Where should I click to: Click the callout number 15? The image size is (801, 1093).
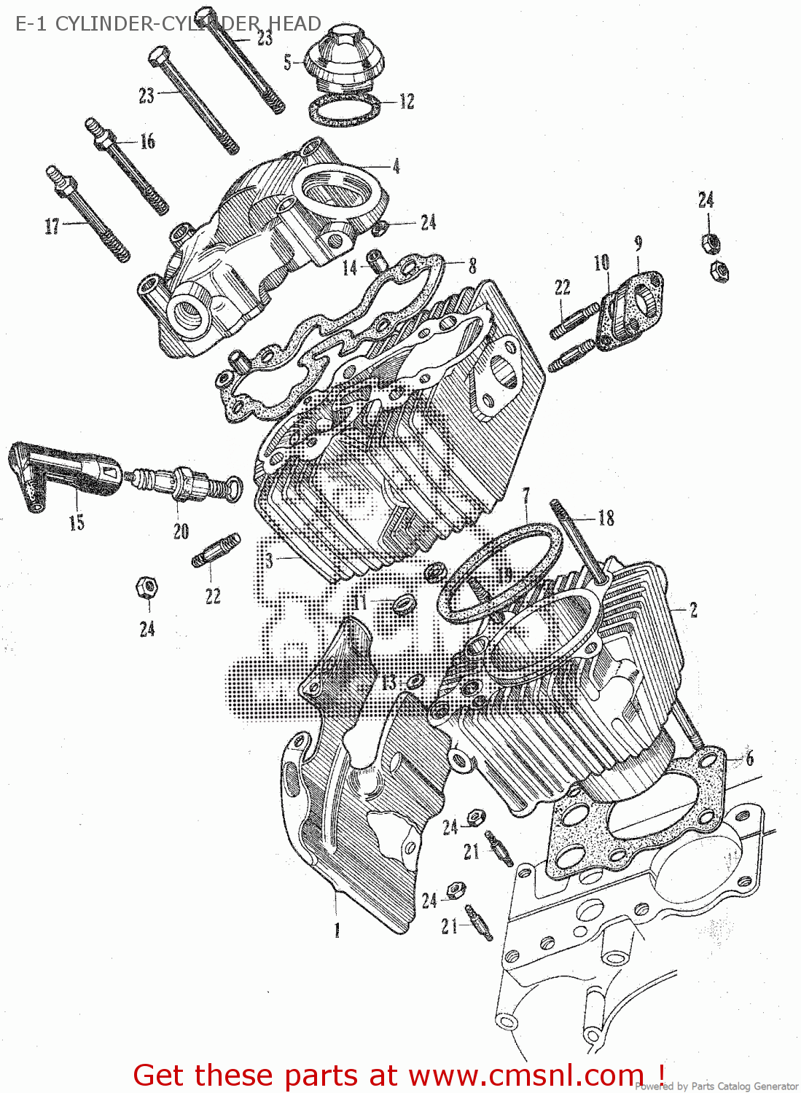pyautogui.click(x=77, y=522)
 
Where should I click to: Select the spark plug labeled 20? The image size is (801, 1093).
pyautogui.click(x=186, y=484)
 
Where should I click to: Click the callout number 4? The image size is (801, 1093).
pyautogui.click(x=396, y=166)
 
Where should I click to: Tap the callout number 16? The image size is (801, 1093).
pyautogui.click(x=147, y=141)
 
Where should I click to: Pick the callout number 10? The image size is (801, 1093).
pyautogui.click(x=601, y=262)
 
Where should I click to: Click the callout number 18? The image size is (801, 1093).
pyautogui.click(x=606, y=518)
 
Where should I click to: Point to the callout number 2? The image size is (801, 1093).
pyautogui.click(x=693, y=609)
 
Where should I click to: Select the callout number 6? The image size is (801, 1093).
pyautogui.click(x=749, y=758)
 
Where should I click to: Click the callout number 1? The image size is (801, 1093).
pyautogui.click(x=337, y=930)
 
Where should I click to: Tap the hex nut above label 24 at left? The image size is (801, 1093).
pyautogui.click(x=146, y=587)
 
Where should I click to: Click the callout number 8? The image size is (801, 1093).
pyautogui.click(x=472, y=266)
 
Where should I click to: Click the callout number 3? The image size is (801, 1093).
pyautogui.click(x=269, y=560)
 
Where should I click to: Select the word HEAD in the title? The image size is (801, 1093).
pyautogui.click(x=294, y=23)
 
